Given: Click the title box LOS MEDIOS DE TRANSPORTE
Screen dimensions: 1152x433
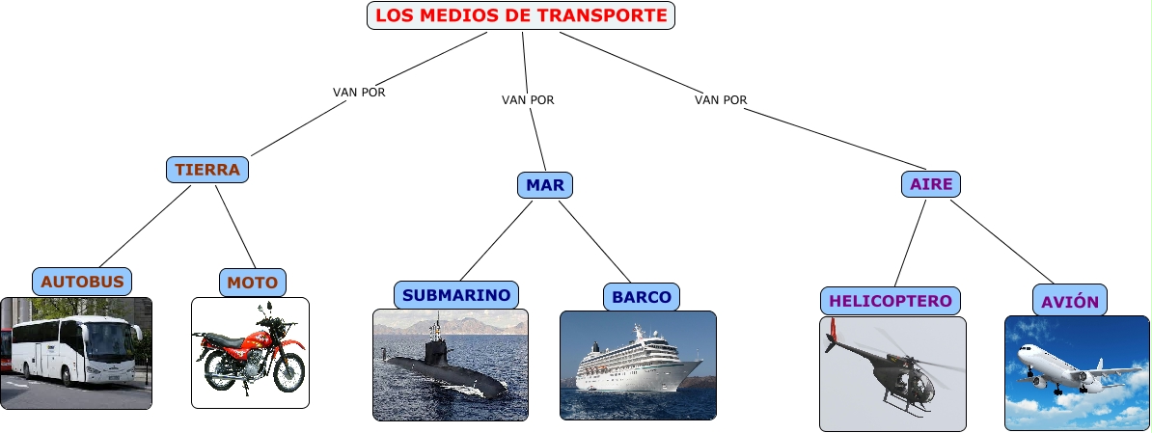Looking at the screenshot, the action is click(x=521, y=15).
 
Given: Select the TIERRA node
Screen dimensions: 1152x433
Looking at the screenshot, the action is click(x=207, y=170).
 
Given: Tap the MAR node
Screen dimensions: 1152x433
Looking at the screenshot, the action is click(x=545, y=184).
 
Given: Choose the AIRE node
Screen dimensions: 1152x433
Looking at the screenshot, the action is click(x=931, y=184).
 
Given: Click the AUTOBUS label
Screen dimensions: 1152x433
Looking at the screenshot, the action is click(x=82, y=282).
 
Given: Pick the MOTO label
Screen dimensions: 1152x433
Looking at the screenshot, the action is click(x=253, y=283).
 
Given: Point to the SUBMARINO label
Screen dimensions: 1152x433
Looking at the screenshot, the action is click(x=456, y=295).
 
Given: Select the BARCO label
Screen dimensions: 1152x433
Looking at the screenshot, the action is click(x=642, y=297).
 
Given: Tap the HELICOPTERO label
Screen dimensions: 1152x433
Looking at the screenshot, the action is click(x=891, y=301).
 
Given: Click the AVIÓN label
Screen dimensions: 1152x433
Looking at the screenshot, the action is click(x=1070, y=301).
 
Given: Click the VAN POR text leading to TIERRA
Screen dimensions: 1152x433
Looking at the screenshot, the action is click(x=359, y=93).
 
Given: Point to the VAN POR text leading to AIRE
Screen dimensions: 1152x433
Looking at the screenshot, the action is click(x=721, y=99).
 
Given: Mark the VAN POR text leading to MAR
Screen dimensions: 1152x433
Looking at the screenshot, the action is click(x=528, y=99).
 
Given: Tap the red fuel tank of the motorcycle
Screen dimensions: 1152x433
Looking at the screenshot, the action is click(x=253, y=339).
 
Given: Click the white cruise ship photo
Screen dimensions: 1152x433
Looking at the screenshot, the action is click(x=638, y=365).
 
